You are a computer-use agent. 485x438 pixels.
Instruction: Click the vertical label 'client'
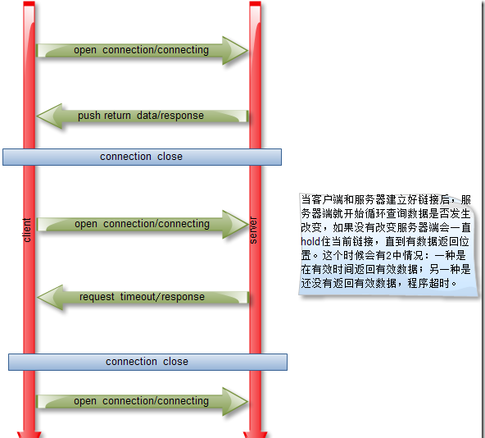tap(27, 230)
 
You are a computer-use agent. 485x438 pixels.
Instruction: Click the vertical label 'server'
tap(253, 230)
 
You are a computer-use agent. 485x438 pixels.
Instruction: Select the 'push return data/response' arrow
tap(143, 116)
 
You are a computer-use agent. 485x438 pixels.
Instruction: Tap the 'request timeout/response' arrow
tap(143, 298)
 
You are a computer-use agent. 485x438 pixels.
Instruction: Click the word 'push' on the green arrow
tap(89, 116)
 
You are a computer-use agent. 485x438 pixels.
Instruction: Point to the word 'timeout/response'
tap(162, 297)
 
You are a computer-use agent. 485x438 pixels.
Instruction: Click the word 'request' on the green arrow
tap(97, 298)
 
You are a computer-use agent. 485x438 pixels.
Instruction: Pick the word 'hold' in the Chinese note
tap(310, 241)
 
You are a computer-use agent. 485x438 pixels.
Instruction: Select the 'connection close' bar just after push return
tap(142, 157)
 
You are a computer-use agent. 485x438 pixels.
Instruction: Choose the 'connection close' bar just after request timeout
tap(147, 362)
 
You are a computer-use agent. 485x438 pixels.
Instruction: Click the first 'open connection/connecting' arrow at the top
tap(143, 51)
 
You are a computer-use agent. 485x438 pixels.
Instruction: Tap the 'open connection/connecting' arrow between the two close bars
tap(143, 224)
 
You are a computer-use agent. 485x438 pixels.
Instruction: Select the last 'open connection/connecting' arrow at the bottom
tap(143, 401)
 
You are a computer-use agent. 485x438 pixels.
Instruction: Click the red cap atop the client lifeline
tap(29, 3)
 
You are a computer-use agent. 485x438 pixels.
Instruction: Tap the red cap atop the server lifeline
tap(255, 3)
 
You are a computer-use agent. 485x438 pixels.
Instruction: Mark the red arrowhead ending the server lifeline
tap(255, 435)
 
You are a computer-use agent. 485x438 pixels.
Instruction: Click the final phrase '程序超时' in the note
tap(428, 283)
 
